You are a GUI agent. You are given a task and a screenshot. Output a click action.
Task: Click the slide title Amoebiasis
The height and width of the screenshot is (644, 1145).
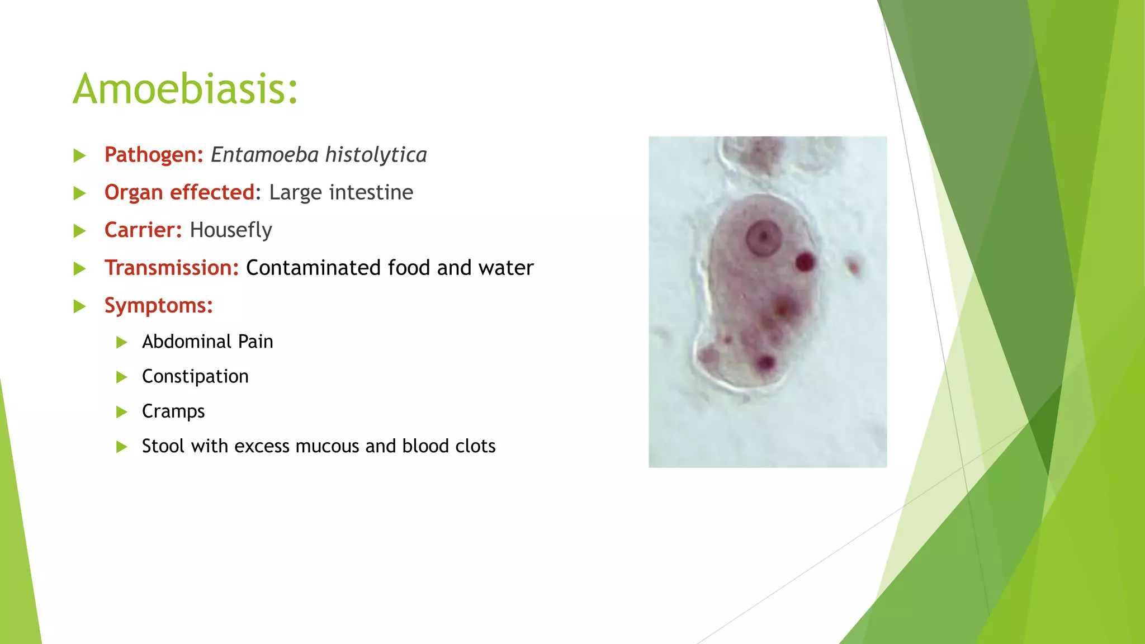[185, 89]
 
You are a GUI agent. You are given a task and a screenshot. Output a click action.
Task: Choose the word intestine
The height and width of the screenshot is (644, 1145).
[371, 192]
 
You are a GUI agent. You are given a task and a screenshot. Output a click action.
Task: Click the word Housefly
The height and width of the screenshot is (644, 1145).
[230, 230]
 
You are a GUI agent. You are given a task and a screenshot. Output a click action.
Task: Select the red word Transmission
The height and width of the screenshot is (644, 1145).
[171, 268]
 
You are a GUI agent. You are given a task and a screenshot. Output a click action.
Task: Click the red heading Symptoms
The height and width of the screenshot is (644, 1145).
[158, 305]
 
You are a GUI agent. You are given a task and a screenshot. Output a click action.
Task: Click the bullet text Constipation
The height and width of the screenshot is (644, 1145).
[195, 377]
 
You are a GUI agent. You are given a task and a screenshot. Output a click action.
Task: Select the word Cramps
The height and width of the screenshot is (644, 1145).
[173, 411]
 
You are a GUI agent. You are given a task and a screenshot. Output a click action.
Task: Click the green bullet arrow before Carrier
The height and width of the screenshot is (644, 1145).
[79, 231]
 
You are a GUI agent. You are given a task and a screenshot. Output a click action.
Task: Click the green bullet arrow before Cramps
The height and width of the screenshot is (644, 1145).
[121, 413]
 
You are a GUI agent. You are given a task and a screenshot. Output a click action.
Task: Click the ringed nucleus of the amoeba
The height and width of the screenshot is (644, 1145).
[763, 238]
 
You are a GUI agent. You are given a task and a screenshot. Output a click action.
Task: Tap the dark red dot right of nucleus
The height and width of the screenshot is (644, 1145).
[805, 262]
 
